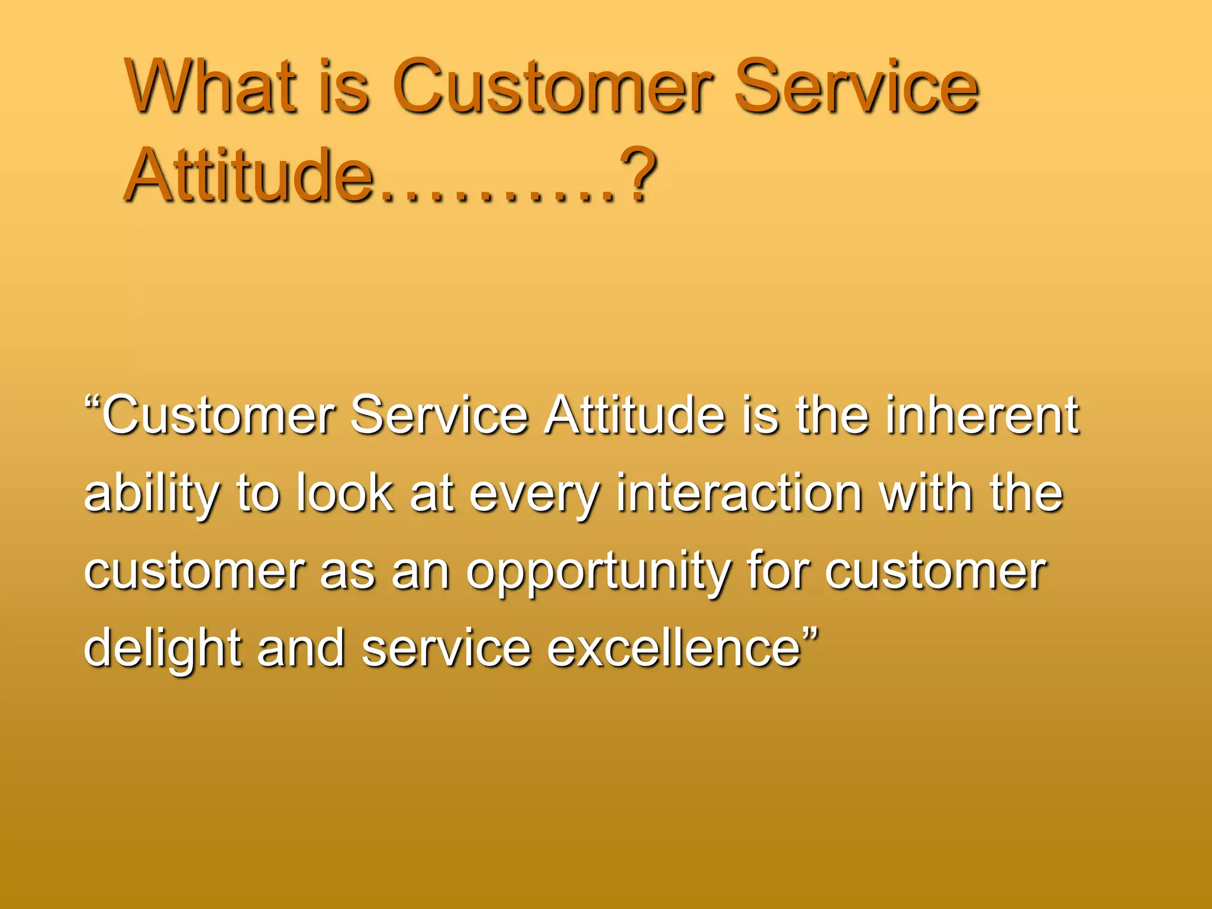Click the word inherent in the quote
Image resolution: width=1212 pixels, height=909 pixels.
[x=982, y=416]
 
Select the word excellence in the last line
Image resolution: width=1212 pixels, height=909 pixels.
[x=674, y=648]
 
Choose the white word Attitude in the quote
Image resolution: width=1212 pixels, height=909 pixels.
[x=634, y=416]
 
